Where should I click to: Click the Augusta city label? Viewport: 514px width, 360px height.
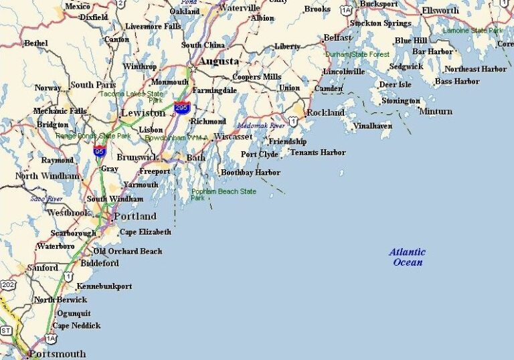(219, 61)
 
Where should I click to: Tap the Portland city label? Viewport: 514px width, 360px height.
(135, 216)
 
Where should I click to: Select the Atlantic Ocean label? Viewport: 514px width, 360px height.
(408, 257)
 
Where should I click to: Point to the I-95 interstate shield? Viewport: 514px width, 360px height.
(99, 151)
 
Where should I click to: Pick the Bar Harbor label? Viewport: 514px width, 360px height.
(432, 51)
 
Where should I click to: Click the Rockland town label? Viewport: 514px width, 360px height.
(325, 112)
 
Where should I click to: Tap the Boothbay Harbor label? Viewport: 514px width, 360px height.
(250, 173)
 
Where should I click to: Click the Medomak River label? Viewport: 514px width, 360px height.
(260, 125)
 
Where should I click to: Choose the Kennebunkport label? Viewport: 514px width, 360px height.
(104, 286)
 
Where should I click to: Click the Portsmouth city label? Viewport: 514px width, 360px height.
(57, 353)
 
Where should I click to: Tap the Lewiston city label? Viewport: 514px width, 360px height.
(143, 113)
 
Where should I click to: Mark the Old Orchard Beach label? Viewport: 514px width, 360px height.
(127, 251)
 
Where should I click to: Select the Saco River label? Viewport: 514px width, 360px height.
(46, 199)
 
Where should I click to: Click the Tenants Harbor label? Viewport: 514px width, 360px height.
(318, 153)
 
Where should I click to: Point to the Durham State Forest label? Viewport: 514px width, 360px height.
(357, 54)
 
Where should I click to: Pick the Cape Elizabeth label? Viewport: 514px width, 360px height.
(145, 232)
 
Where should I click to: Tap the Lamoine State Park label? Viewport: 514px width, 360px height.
(473, 30)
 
